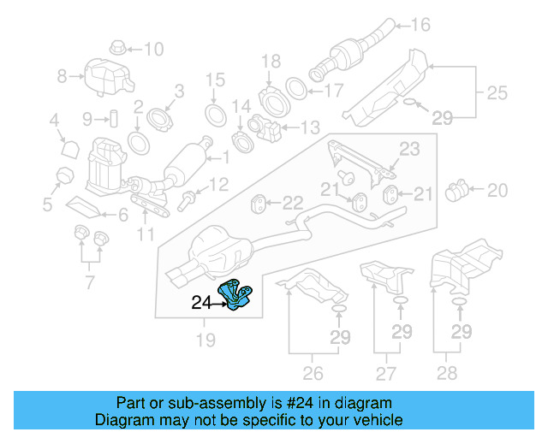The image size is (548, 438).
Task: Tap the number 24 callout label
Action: [x=201, y=302]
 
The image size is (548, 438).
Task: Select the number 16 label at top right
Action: [x=420, y=25]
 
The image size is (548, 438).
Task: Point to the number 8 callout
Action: [x=62, y=77]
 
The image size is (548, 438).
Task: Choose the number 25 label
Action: [x=497, y=90]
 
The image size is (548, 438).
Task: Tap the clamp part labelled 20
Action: [x=461, y=188]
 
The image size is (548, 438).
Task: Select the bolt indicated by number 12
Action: [x=186, y=202]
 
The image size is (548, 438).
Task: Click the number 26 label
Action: [x=313, y=372]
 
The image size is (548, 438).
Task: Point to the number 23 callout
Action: [x=409, y=149]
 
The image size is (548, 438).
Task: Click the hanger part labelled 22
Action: [x=257, y=204]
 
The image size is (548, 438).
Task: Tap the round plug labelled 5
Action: [x=63, y=176]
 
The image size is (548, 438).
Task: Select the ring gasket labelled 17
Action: [x=294, y=88]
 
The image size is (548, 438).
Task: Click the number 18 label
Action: [x=271, y=61]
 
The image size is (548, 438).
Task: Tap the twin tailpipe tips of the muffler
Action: [x=182, y=276]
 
